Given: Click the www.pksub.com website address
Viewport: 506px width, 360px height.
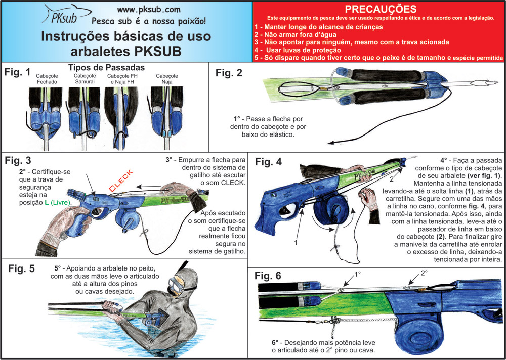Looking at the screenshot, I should coord(149,9).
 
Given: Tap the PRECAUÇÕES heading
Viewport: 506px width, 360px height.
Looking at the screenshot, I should coord(381,9).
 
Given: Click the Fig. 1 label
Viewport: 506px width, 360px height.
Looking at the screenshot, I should coord(17,72).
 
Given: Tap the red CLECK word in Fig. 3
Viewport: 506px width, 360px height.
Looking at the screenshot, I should coord(120,181).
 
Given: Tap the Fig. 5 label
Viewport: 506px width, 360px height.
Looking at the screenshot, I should coord(21,268).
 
